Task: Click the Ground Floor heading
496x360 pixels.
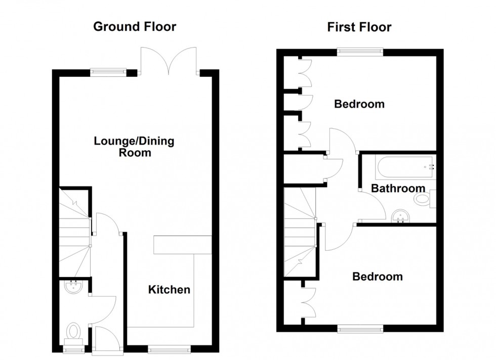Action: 135,27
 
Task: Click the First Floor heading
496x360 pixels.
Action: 359,27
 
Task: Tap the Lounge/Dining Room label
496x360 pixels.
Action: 134,146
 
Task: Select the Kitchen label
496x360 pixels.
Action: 169,290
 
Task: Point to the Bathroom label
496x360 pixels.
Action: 398,189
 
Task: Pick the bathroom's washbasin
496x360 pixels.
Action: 402,216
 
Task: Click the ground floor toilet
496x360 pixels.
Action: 74,333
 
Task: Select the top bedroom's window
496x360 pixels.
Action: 360,51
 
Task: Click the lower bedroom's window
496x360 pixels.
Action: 360,329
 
